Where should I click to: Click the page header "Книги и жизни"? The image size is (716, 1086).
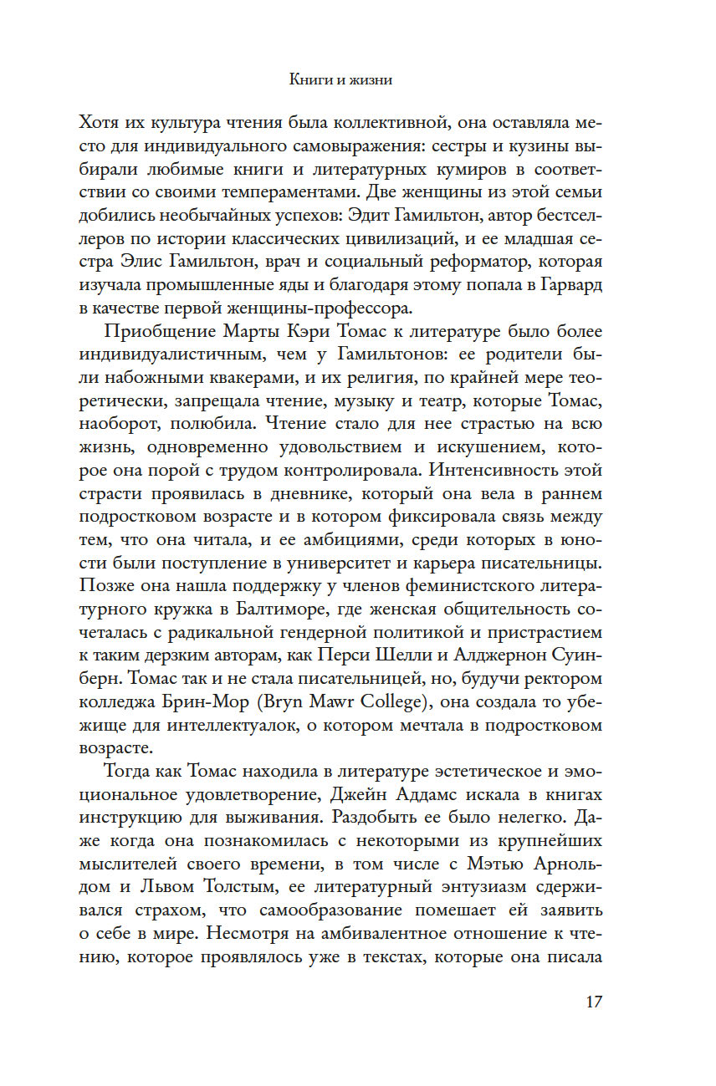(341, 81)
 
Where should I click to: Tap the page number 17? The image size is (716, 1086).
(591, 1002)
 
